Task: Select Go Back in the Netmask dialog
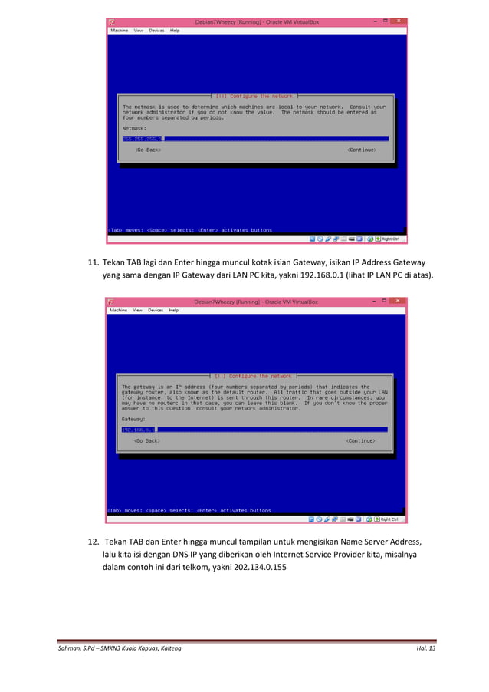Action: point(148,150)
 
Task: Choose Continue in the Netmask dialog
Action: point(362,150)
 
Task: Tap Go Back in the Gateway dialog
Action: point(146,441)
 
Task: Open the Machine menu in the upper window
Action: point(119,31)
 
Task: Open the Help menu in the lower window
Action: point(174,311)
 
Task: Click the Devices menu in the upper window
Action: point(156,31)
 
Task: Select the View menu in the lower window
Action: point(137,311)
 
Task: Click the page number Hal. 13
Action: point(423,649)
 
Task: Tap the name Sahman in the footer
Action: point(70,649)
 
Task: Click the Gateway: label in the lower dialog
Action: point(133,419)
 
